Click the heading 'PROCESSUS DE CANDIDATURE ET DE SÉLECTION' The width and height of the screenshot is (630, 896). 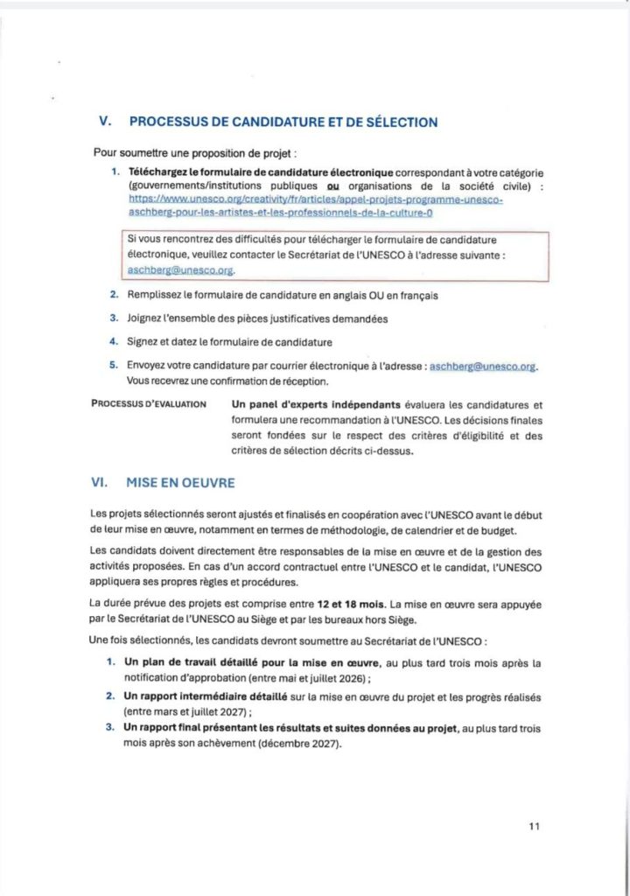point(283,122)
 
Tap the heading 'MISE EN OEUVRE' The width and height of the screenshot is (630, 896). point(179,481)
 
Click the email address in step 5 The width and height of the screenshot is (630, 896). point(481,367)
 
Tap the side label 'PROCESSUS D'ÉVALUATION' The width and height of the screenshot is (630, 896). point(149,404)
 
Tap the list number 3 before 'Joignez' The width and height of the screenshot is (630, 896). point(114,318)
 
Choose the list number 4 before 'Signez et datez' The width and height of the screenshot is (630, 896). point(114,341)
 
